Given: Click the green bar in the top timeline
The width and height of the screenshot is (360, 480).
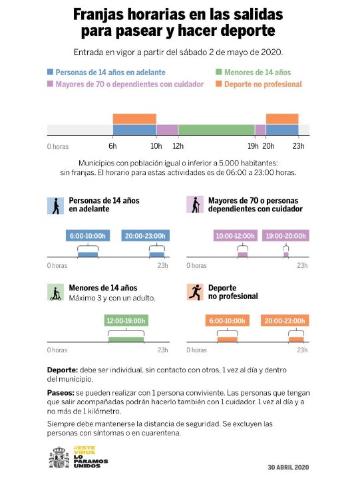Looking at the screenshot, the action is [x=217, y=130].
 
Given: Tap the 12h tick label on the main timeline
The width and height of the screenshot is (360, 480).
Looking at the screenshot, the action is [x=178, y=146].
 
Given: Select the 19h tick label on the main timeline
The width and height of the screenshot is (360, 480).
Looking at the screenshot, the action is [x=253, y=146].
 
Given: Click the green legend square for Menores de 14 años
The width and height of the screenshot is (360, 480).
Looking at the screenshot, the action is [x=218, y=72].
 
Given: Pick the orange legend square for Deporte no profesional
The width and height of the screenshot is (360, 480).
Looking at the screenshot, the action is [x=218, y=84].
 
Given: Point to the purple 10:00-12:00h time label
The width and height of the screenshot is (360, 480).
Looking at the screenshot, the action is [x=236, y=236].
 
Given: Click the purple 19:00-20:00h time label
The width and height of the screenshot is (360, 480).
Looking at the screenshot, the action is [x=285, y=236].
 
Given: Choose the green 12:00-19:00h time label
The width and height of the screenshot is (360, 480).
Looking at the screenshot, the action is [x=126, y=320].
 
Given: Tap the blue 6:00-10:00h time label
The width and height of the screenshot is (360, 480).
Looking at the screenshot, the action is [x=88, y=236].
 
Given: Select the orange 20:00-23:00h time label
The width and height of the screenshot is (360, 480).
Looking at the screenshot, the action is [x=285, y=320].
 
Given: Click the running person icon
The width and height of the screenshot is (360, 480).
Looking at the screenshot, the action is [x=195, y=292].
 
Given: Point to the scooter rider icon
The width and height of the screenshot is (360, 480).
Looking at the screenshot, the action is [x=55, y=292].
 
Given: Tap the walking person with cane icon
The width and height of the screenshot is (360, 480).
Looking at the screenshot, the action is [x=195, y=205].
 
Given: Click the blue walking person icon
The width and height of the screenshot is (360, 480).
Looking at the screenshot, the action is [x=55, y=205].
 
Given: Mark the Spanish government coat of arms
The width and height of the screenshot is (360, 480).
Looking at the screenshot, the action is [x=59, y=457].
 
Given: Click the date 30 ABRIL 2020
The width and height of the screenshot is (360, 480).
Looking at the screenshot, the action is [x=288, y=467].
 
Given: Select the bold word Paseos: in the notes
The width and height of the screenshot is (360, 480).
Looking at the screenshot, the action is [x=61, y=393].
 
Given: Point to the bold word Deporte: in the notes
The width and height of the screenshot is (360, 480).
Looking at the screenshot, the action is [x=63, y=370].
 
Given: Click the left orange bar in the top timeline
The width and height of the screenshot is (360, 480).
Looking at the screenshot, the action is [x=134, y=119].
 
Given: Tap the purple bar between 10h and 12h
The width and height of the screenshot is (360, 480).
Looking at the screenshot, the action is [x=168, y=130].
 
